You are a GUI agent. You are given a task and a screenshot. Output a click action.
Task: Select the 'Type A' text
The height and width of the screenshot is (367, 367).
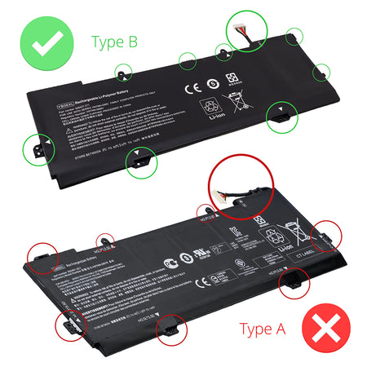click(x=262, y=329)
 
